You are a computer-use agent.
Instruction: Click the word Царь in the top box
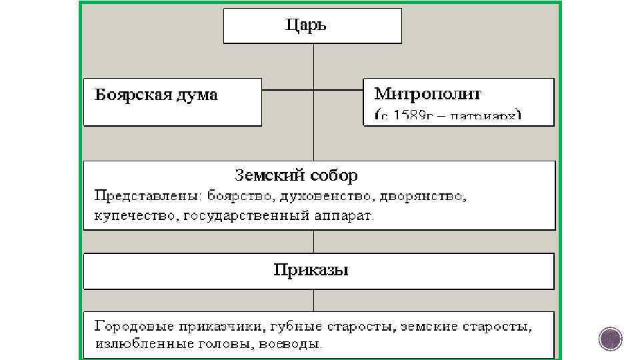pos(306,26)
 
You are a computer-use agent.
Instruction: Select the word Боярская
pos(127,95)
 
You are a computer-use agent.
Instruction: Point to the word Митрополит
pos(427,93)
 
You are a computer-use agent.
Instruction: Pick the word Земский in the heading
pos(264,176)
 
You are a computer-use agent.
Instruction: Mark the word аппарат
pos(344,216)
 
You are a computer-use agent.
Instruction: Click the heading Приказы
pos(311,271)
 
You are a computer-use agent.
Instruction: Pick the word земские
pos(435,326)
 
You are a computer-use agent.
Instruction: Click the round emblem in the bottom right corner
pos(609,339)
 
